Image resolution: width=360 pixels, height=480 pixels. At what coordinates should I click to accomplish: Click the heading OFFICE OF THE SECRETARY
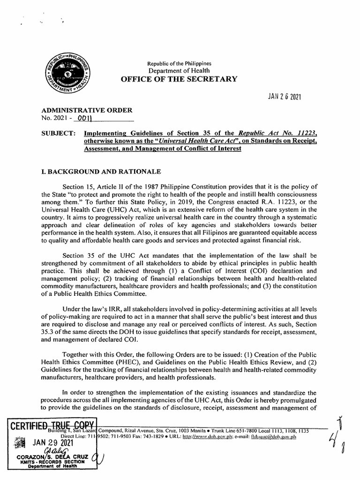pos(180,79)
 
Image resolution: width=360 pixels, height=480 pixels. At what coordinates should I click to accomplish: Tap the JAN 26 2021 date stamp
pos(284,97)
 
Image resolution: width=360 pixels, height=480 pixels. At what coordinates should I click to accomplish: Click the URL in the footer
pos(200,437)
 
